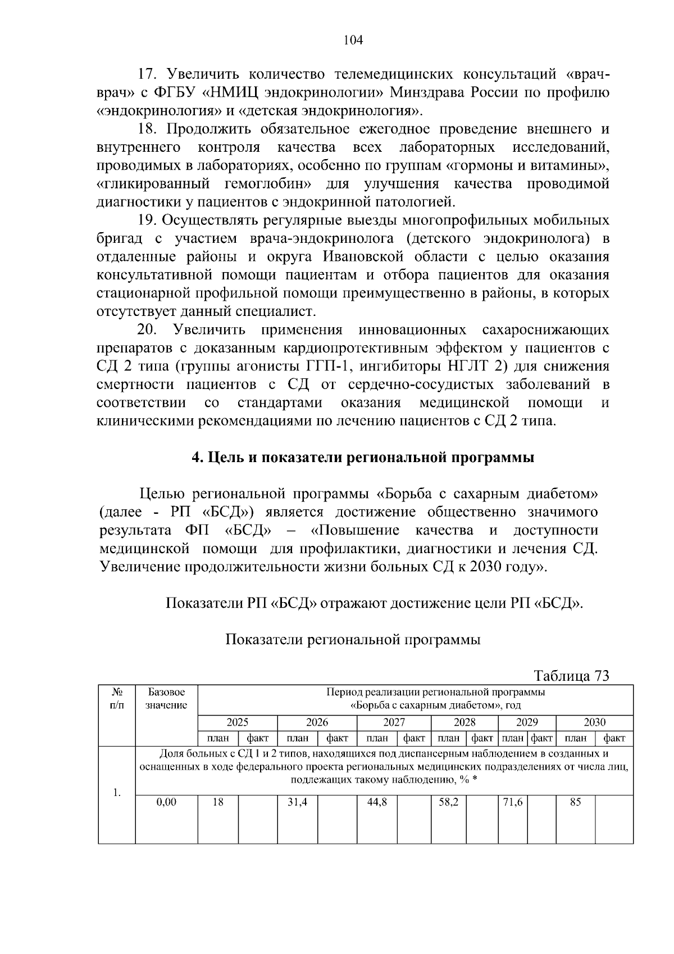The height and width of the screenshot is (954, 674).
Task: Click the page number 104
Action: point(353,40)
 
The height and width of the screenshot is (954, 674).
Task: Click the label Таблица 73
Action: point(571,675)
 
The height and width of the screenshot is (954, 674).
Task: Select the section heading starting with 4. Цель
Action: point(363,457)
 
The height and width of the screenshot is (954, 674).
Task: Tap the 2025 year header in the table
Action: point(237,722)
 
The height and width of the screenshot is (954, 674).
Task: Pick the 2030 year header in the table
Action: point(594,722)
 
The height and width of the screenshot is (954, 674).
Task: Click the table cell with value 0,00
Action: point(166,802)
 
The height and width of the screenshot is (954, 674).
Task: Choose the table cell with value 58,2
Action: point(448,802)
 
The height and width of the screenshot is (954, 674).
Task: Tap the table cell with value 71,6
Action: point(512,802)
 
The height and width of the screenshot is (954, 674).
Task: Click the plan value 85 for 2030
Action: point(575,802)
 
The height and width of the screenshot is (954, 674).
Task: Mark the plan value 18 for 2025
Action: point(218,802)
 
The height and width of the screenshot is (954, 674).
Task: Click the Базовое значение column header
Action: point(166,698)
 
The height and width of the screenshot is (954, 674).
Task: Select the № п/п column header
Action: point(117,698)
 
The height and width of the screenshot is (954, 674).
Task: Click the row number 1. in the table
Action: point(116,793)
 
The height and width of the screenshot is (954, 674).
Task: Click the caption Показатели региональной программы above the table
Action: point(353,640)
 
